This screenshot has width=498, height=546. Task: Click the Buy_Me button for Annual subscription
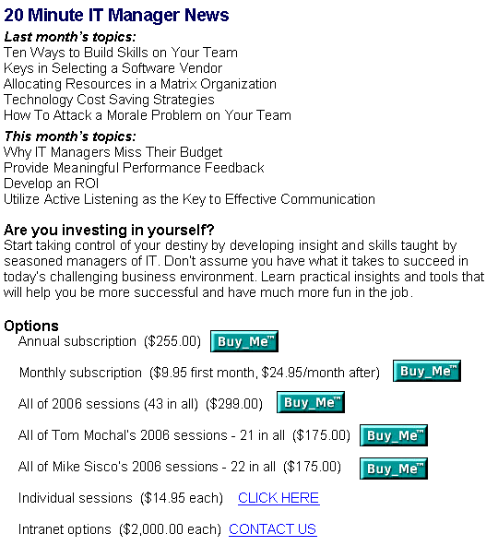[244, 341]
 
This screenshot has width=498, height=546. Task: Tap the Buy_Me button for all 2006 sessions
[311, 402]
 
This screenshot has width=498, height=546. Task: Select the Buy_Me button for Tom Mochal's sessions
[394, 435]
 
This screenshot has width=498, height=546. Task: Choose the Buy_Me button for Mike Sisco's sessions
[394, 469]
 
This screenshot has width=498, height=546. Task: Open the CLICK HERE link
[279, 498]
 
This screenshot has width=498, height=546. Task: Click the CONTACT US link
[272, 529]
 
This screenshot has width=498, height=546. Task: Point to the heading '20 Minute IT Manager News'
[116, 15]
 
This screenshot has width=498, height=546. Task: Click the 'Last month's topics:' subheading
[70, 37]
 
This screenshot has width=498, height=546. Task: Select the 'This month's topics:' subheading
[70, 136]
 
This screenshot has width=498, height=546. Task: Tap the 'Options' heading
[31, 326]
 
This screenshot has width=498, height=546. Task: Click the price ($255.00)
[172, 341]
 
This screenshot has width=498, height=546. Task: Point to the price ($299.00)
[234, 404]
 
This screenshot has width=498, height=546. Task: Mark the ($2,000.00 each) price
[171, 529]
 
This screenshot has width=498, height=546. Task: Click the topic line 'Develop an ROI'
[52, 184]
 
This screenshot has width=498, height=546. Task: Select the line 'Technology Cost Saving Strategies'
[109, 100]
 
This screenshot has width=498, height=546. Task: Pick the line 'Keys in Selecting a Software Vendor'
[113, 68]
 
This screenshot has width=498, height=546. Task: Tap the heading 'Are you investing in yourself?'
[109, 231]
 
